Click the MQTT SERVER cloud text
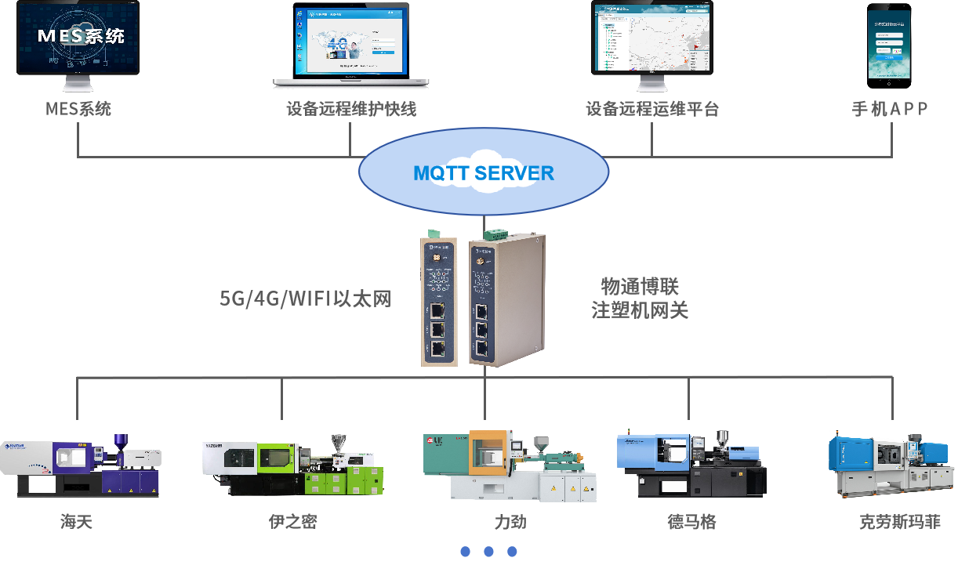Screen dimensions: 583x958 tap(484, 173)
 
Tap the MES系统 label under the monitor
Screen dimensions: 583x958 tap(78, 109)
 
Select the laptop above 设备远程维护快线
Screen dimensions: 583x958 tap(351, 43)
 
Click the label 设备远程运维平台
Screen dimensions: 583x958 tap(652, 109)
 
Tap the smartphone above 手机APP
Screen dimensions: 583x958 tap(889, 45)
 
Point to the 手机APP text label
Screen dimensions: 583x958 tap(890, 109)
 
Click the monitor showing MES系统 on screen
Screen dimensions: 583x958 tap(78, 39)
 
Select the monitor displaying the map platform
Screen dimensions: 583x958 tap(652, 39)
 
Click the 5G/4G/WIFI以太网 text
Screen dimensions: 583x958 tap(305, 299)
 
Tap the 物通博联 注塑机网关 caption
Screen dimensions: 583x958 tap(640, 298)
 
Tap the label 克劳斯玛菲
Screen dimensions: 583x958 tap(900, 522)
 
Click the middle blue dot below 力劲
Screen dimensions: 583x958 tap(488, 552)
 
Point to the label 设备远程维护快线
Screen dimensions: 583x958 tap(351, 109)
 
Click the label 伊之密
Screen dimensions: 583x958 tap(293, 522)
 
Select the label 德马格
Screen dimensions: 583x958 tap(691, 522)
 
